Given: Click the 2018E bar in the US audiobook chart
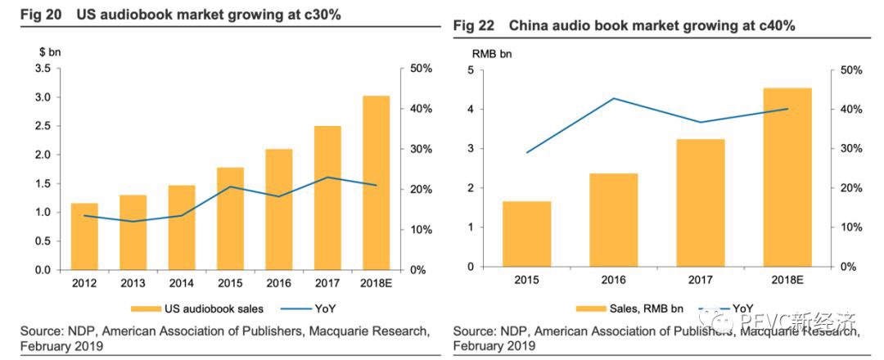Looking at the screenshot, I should point(376,183).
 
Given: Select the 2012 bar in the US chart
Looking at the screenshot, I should point(84,236).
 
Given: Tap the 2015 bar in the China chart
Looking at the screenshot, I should point(526,234).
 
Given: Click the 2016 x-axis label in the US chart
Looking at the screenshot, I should point(279,283).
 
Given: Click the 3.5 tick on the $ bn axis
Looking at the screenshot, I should point(43,68).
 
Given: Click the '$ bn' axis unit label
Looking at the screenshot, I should point(49,51).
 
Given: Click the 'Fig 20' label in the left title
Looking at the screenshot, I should point(33,14).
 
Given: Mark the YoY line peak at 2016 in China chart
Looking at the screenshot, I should point(614,98).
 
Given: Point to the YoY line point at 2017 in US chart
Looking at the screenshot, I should point(327,178).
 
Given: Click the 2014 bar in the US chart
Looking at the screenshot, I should point(182,227).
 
